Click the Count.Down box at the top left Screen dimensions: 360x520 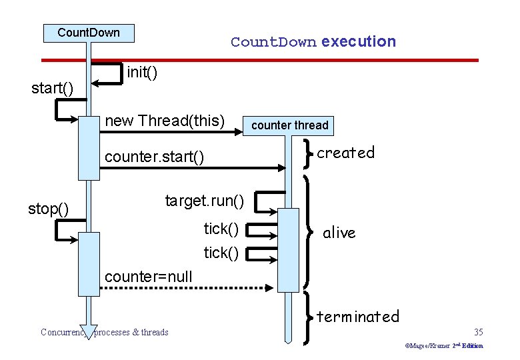tap(89, 33)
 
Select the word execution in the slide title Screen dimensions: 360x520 tap(358, 41)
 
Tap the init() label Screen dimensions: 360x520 tap(142, 71)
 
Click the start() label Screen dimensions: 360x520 tap(53, 88)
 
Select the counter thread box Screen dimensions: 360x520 tap(289, 125)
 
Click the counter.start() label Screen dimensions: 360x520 tap(155, 157)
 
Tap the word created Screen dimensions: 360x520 tap(345, 153)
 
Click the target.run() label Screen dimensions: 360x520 tap(205, 200)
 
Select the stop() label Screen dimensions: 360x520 tap(49, 209)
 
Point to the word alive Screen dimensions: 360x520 tap(339, 233)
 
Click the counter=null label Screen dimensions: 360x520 tap(149, 277)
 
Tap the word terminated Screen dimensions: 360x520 tap(357, 316)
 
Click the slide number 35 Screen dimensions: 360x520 tap(478, 332)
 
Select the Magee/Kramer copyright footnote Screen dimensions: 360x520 tap(443, 346)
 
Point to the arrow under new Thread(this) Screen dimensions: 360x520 tap(173, 133)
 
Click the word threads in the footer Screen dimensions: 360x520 tap(154, 332)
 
